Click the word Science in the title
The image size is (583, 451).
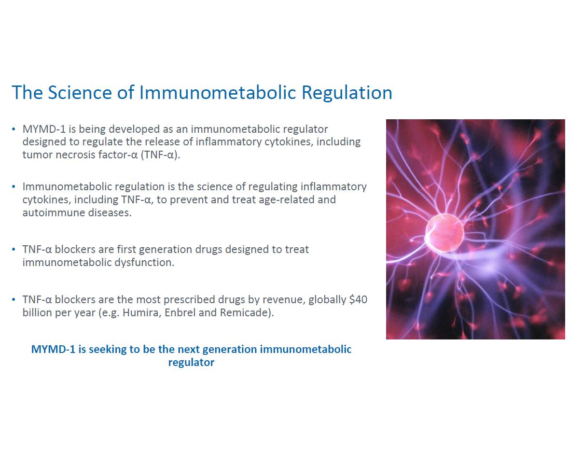click(80, 92)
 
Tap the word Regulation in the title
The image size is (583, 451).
click(347, 92)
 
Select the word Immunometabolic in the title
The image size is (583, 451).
click(218, 92)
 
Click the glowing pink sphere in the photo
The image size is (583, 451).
click(444, 233)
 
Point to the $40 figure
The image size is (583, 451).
click(358, 299)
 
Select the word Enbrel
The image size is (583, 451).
click(180, 312)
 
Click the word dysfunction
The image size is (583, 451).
click(144, 262)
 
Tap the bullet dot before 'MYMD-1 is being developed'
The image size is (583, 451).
click(14, 129)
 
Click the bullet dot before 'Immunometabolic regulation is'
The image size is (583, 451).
click(14, 186)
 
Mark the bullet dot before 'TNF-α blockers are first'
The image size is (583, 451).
click(14, 249)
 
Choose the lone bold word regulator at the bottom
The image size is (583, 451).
click(191, 363)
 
